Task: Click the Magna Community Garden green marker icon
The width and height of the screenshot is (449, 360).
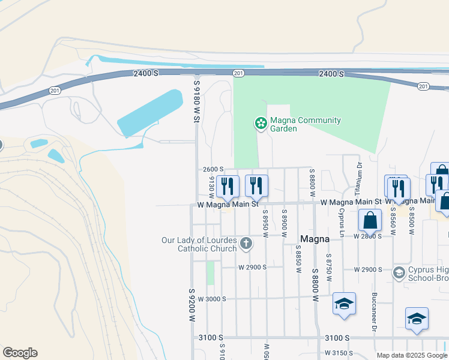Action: coord(261,124)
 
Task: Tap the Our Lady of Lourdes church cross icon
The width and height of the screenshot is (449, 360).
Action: coord(246,244)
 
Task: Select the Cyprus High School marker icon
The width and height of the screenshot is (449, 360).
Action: coord(399,273)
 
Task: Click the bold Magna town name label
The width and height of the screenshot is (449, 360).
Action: coord(315,239)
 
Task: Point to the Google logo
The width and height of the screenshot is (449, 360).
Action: coord(20,352)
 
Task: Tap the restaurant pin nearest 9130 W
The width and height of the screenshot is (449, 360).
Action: coord(228,186)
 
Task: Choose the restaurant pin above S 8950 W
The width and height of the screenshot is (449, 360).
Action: coord(257,186)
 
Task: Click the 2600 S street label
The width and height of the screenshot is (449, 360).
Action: coord(213,170)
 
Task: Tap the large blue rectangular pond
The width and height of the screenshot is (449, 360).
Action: coord(150,113)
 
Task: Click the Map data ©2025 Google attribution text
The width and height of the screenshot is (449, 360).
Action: coord(412,355)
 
